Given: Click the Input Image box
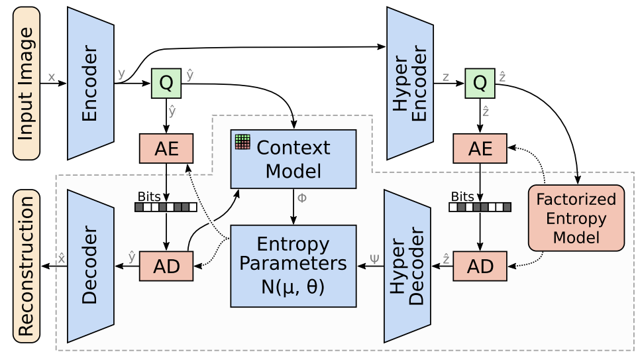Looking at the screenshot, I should point(27,83).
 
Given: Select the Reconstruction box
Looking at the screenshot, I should point(27,265).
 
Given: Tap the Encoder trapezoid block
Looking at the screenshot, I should point(91,83).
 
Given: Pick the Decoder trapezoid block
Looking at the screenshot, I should point(91,266).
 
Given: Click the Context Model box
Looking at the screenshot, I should point(293,158).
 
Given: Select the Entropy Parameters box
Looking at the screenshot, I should point(293,266).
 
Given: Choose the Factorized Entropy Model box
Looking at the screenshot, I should point(576,217).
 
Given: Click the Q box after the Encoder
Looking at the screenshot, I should point(166,83).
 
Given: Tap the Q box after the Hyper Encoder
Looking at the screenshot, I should point(480,83).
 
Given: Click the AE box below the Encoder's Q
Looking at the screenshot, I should point(166,149).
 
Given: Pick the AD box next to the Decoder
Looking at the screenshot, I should point(166,266).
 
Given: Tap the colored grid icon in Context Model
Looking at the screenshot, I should point(242,142).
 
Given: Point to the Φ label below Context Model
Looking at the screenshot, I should point(302,198).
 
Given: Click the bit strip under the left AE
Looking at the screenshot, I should point(166,207).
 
